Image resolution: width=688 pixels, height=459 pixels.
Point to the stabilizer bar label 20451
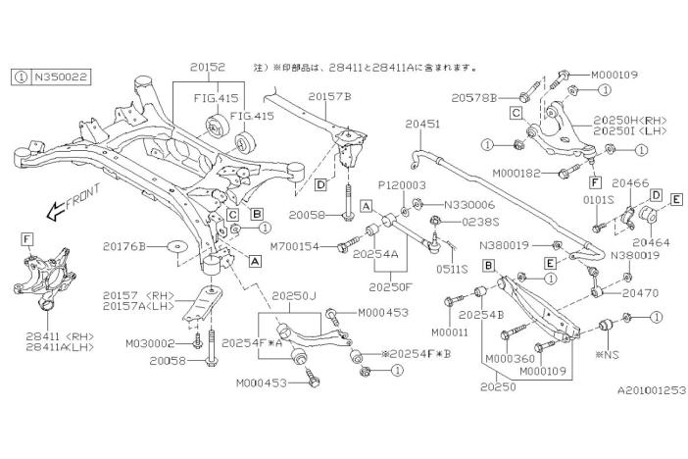point(422,125)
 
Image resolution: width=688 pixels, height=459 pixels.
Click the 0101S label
point(600,199)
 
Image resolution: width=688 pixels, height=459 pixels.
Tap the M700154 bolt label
point(296,245)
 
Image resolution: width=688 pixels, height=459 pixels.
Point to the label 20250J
point(291,294)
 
